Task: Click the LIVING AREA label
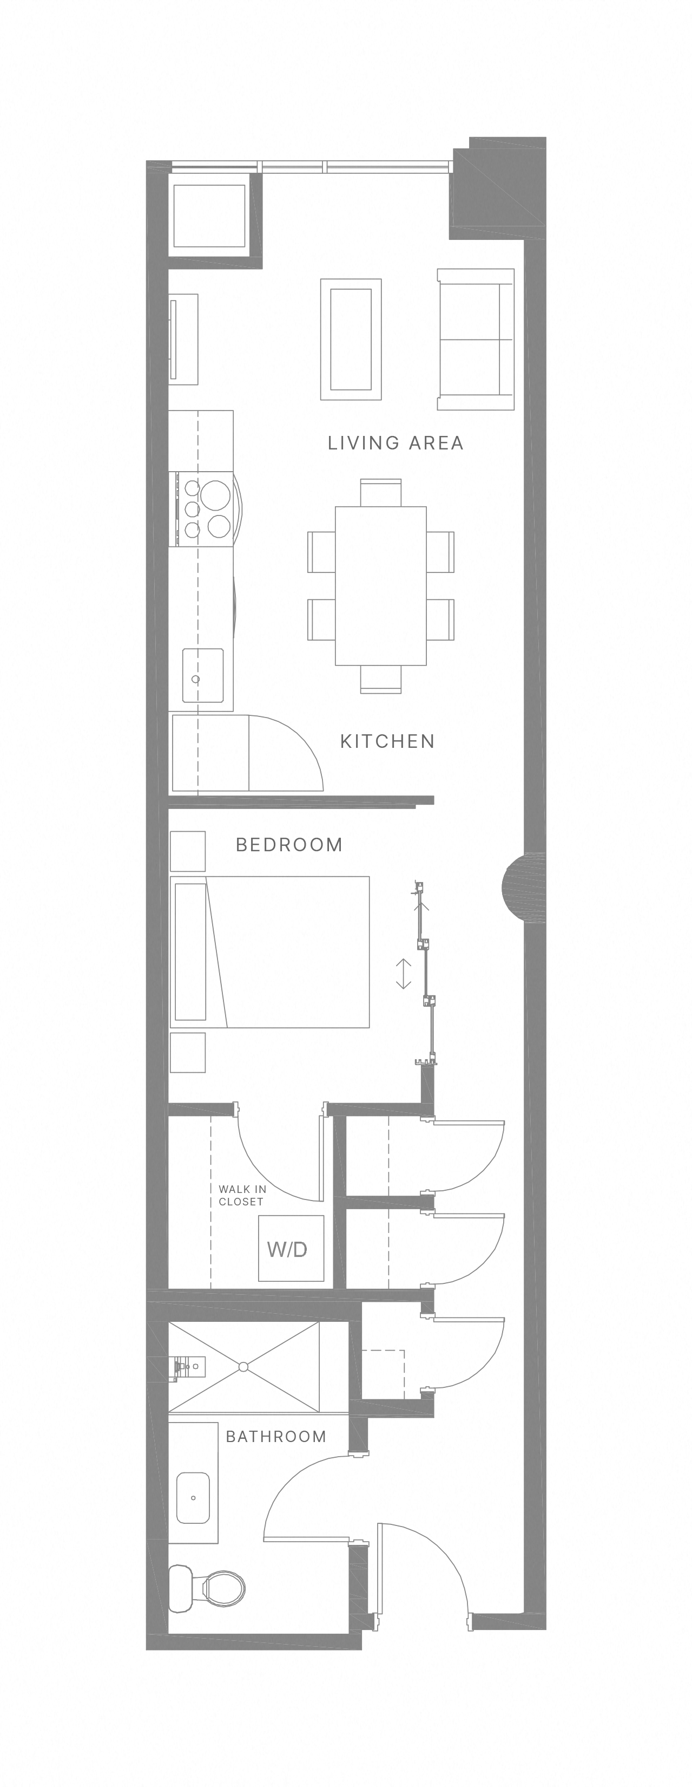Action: [x=395, y=442]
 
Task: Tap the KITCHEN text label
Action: [x=387, y=741]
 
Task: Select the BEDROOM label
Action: [x=289, y=844]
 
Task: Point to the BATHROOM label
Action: [x=276, y=1436]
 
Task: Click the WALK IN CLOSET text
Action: [x=241, y=1195]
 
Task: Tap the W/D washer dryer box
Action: [x=291, y=1249]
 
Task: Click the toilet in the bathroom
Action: [x=208, y=1587]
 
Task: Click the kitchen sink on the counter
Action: [x=202, y=676]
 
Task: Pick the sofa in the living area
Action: [x=476, y=339]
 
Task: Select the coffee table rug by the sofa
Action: [x=351, y=339]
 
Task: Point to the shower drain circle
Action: [x=243, y=1367]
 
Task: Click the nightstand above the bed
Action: [x=188, y=851]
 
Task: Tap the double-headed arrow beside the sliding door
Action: [x=404, y=973]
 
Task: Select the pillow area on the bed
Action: [x=190, y=951]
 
